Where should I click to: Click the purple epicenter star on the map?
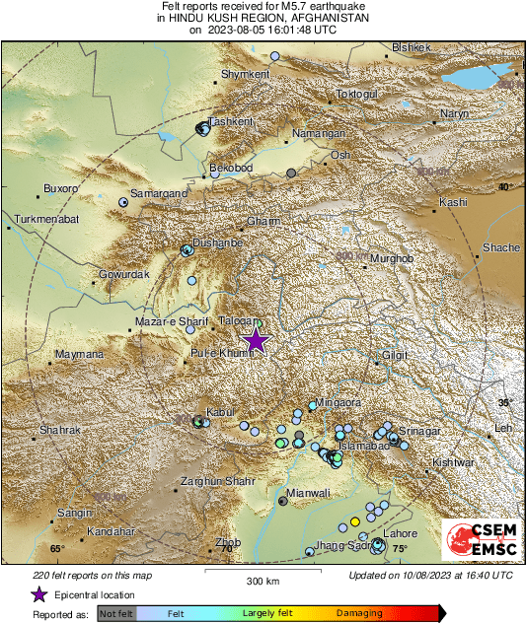(x=256, y=340)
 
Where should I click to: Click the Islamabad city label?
(x=361, y=447)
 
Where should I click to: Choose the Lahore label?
(x=401, y=533)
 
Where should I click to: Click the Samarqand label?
(x=160, y=194)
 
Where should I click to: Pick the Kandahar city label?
(x=111, y=531)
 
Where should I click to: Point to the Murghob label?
(x=389, y=259)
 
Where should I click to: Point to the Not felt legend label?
(x=116, y=613)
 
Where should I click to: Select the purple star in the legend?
(x=38, y=594)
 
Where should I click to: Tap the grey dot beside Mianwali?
(x=283, y=501)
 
